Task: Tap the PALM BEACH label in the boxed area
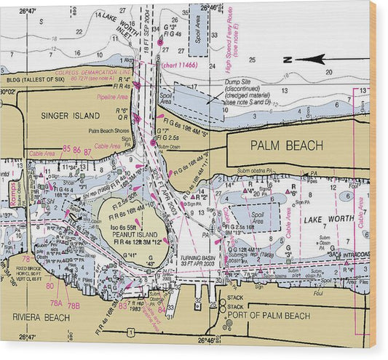(x=286, y=145)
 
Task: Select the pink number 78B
(x=73, y=305)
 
